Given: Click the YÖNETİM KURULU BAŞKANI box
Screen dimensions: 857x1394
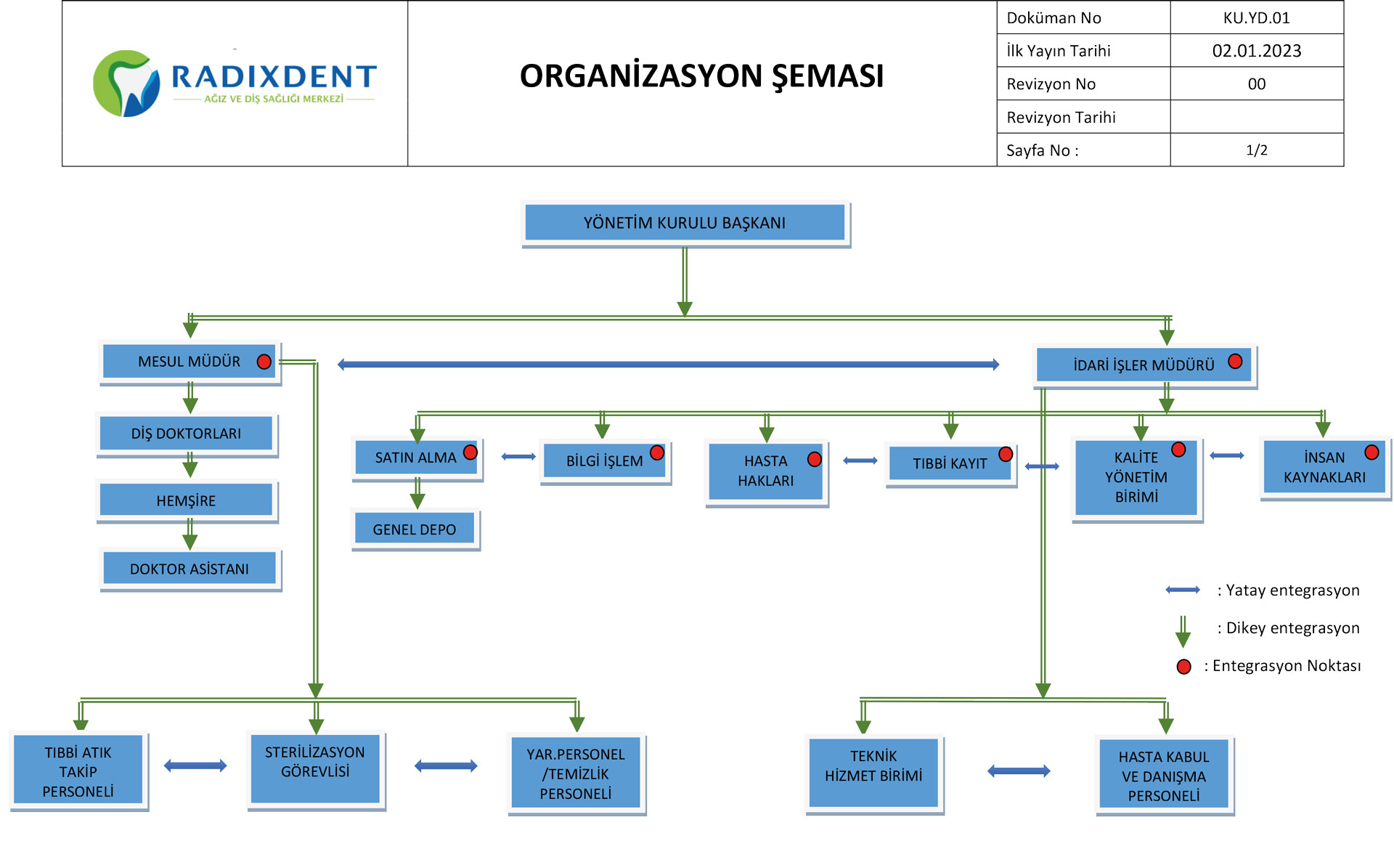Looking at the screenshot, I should click(x=685, y=223).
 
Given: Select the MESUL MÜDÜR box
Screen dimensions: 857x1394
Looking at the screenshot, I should click(x=189, y=362).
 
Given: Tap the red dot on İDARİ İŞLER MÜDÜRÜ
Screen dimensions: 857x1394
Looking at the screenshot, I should click(x=1235, y=362).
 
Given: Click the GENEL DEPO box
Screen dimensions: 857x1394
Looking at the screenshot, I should click(x=415, y=529).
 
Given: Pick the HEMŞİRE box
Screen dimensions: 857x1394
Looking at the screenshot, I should click(x=186, y=500).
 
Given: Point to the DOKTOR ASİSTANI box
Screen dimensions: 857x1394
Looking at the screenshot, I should click(x=189, y=569).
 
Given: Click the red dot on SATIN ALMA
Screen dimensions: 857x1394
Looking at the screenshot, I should click(x=470, y=452).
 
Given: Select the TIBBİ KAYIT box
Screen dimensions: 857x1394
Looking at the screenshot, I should click(x=950, y=463).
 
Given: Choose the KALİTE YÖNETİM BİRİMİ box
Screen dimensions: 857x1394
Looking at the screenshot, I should click(x=1136, y=477).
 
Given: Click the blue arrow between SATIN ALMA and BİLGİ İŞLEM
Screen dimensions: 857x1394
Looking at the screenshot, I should click(x=518, y=457).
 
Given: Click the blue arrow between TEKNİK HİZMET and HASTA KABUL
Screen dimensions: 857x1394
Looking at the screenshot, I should click(x=1019, y=771).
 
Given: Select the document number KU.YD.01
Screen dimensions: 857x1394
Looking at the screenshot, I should click(x=1256, y=17).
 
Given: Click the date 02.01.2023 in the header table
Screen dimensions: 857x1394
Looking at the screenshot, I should click(x=1256, y=51).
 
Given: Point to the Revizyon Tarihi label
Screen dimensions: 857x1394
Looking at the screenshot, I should click(x=1061, y=117).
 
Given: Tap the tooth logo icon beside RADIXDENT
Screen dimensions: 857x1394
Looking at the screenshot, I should click(x=127, y=84).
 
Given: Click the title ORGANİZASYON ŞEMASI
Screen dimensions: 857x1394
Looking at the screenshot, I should click(x=701, y=76).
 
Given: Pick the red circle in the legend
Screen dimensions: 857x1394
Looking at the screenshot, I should click(x=1184, y=667).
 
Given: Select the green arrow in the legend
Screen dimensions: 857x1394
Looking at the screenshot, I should click(x=1183, y=630).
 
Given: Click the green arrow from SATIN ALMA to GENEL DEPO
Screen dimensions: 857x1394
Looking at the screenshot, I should click(x=417, y=493).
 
